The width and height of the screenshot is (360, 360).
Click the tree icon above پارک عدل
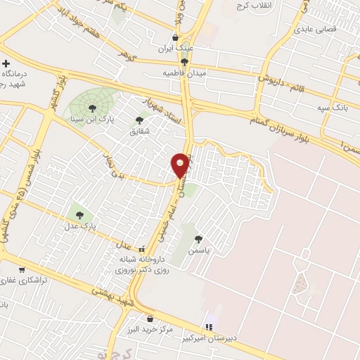(x=78, y=215)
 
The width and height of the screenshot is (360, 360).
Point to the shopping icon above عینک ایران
(x=175, y=38)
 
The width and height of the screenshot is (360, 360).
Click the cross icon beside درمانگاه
(x=6, y=64)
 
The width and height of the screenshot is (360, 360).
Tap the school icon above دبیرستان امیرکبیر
(x=208, y=327)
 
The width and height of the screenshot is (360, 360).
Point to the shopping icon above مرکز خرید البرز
(x=150, y=319)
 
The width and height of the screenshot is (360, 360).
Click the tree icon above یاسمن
(x=199, y=239)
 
